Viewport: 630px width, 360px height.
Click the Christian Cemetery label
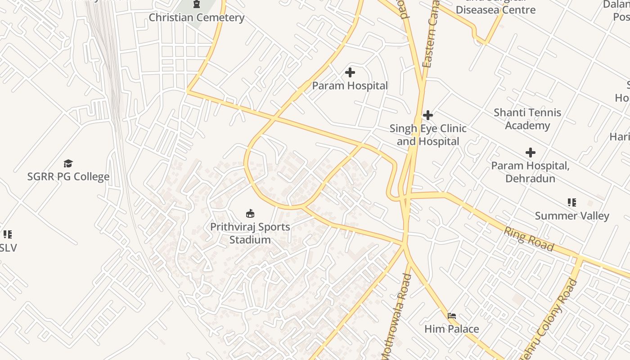pyautogui.click(x=197, y=18)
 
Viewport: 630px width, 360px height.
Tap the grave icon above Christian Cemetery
pyautogui.click(x=197, y=4)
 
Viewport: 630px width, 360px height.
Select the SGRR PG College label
pyautogui.click(x=68, y=176)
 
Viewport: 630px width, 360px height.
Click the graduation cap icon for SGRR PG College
pyautogui.click(x=68, y=163)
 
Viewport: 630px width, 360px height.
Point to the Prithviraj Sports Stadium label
pyautogui.click(x=250, y=233)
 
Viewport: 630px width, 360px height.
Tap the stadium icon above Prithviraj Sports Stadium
pyautogui.click(x=250, y=213)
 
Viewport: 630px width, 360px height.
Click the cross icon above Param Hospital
pyautogui.click(x=350, y=72)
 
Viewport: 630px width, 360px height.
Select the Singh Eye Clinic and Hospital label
pyautogui.click(x=428, y=135)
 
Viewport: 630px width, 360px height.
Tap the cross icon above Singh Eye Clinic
pyautogui.click(x=428, y=115)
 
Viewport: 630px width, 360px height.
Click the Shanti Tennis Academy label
pyautogui.click(x=527, y=119)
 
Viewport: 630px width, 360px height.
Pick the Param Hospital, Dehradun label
pyautogui.click(x=530, y=172)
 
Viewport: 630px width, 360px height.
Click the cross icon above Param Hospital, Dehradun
pyautogui.click(x=531, y=153)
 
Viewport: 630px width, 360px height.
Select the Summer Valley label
pyautogui.click(x=572, y=216)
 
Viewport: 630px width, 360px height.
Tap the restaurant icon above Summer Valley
pyautogui.click(x=572, y=202)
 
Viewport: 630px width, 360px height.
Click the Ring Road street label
pyautogui.click(x=528, y=239)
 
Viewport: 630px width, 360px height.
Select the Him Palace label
pyautogui.click(x=452, y=329)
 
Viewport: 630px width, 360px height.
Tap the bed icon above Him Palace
pyautogui.click(x=452, y=316)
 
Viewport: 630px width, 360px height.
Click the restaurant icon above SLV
pyautogui.click(x=8, y=234)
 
